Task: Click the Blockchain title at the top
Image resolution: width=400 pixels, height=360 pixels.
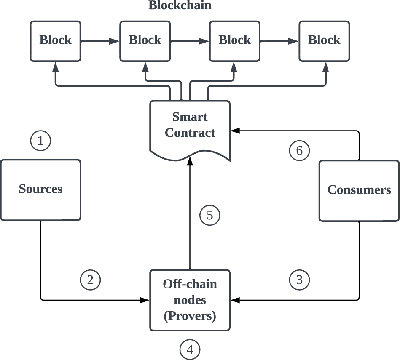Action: tap(180, 5)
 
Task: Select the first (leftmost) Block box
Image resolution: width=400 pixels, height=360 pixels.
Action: tap(56, 40)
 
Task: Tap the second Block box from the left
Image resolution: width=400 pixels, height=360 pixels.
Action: tap(145, 40)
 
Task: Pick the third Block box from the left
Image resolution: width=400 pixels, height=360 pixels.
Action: tap(235, 40)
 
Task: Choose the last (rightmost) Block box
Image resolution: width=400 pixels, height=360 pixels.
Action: tap(324, 40)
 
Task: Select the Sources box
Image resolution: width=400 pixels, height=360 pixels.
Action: tap(40, 189)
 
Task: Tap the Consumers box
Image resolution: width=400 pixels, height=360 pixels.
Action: tap(359, 190)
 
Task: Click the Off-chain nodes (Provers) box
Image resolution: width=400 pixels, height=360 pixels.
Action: tap(190, 300)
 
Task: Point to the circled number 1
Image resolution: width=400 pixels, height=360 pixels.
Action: tap(40, 141)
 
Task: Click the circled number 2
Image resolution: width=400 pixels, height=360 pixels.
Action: tap(90, 280)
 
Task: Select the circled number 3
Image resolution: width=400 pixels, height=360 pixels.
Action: tap(299, 280)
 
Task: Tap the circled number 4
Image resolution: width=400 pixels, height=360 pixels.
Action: tap(190, 349)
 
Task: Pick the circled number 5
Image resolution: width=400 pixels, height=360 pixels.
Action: tap(210, 215)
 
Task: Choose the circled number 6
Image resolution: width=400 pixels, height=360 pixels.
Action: tap(299, 150)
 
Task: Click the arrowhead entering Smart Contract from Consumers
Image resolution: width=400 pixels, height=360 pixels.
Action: tap(234, 131)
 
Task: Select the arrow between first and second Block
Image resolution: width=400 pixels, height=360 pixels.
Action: tap(100, 41)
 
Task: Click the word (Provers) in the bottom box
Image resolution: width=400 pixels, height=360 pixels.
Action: tap(190, 316)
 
